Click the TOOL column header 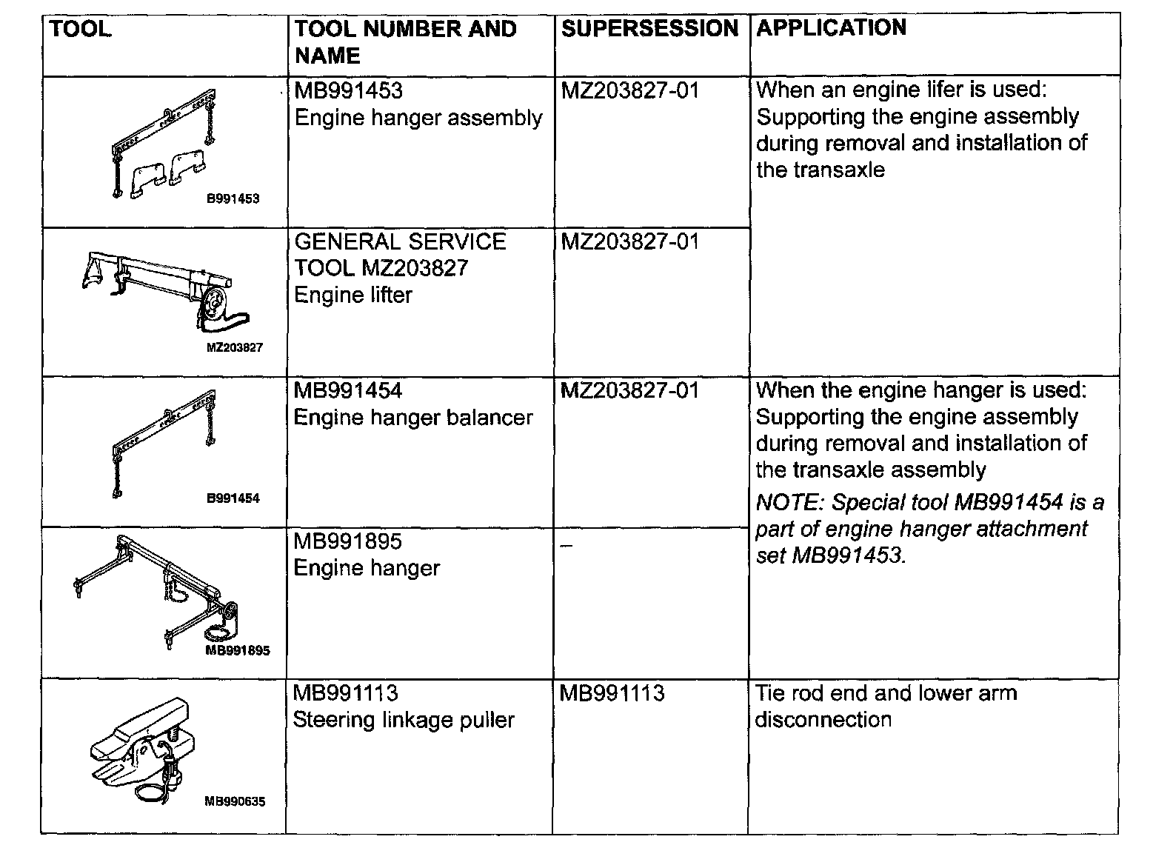pyautogui.click(x=80, y=30)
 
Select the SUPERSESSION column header pyautogui.click(x=649, y=29)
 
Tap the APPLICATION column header pyautogui.click(x=831, y=28)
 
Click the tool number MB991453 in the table pyautogui.click(x=348, y=91)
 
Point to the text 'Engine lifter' pyautogui.click(x=352, y=295)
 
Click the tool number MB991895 pyautogui.click(x=347, y=541)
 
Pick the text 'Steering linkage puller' pyautogui.click(x=404, y=720)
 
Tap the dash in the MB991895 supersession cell pyautogui.click(x=567, y=545)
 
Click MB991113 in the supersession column pyautogui.click(x=612, y=693)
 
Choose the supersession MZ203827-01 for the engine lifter pyautogui.click(x=629, y=241)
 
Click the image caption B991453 pyautogui.click(x=233, y=198)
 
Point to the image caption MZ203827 pyautogui.click(x=235, y=347)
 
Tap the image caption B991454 pyautogui.click(x=233, y=498)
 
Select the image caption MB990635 pyautogui.click(x=235, y=801)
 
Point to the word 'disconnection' pyautogui.click(x=823, y=720)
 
